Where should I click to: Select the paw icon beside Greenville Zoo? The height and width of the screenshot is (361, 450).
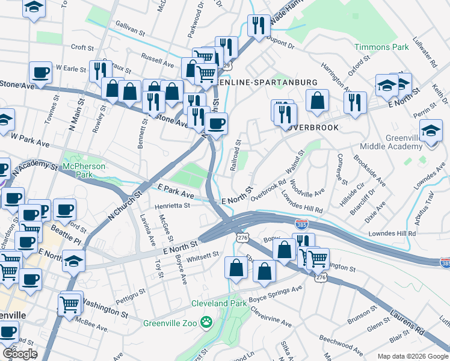[206, 322]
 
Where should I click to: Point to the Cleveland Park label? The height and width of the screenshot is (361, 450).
[219, 303]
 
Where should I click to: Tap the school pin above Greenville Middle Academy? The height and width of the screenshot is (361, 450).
[431, 131]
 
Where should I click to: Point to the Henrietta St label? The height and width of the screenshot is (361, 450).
[172, 205]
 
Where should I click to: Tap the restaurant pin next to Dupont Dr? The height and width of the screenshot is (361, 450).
[258, 25]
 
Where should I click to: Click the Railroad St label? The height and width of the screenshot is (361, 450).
[237, 156]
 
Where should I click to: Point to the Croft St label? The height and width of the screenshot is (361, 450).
[82, 47]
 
